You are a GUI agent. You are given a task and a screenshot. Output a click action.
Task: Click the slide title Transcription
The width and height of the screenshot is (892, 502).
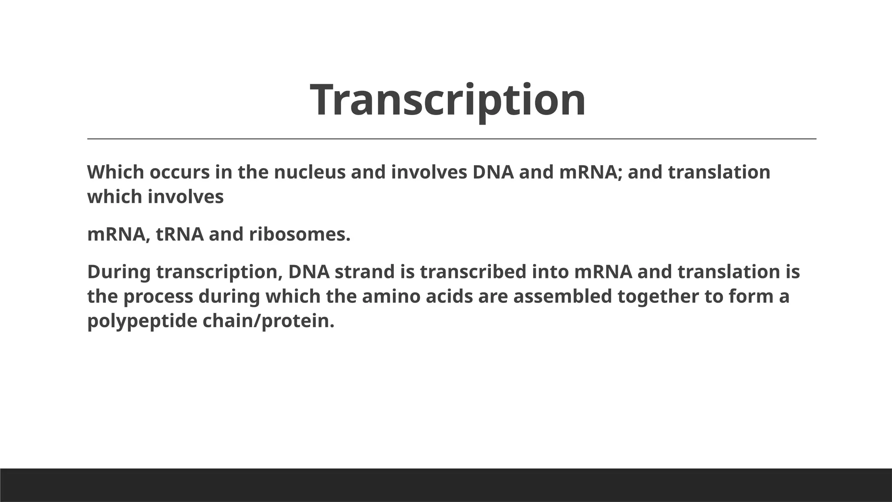tap(448, 100)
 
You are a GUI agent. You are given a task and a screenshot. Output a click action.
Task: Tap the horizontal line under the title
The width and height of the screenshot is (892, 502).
tap(451, 139)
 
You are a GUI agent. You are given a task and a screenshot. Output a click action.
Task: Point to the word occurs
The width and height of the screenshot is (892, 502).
tap(179, 172)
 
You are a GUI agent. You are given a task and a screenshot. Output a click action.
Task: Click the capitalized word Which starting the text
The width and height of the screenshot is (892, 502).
tap(115, 172)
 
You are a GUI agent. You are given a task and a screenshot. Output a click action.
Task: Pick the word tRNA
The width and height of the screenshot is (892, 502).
tap(179, 234)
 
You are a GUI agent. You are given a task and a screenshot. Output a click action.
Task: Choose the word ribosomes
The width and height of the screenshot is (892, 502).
tap(300, 234)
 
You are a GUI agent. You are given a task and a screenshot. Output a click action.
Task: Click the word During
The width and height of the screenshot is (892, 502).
tap(119, 272)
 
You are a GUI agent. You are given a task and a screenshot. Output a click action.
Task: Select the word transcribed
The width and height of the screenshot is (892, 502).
tap(473, 272)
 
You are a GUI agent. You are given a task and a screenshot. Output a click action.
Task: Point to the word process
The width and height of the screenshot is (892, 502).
tap(158, 297)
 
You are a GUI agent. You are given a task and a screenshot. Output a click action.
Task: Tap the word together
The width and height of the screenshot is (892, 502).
tap(658, 297)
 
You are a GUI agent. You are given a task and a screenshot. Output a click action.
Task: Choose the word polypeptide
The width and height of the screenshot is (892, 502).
tap(142, 322)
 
